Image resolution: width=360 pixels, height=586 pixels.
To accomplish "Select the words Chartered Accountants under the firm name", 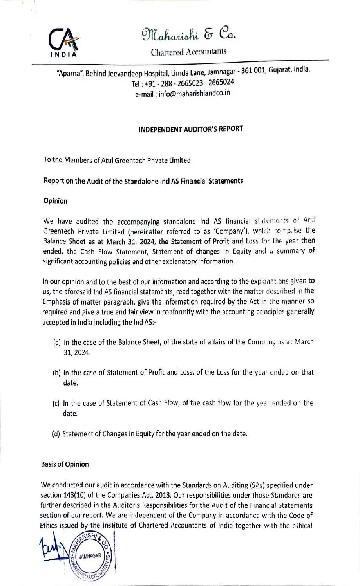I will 188,52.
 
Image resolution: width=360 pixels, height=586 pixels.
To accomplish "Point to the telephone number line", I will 183,83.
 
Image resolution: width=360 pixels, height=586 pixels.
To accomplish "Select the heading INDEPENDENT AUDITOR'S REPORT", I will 191,129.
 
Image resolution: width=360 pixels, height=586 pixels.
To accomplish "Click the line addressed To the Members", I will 117,160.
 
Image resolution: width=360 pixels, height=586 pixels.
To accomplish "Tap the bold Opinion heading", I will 55,201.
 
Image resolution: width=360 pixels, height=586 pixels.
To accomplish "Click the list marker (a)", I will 56,342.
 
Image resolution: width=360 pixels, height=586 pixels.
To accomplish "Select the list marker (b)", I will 56,373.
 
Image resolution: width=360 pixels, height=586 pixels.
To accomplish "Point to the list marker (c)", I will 56,403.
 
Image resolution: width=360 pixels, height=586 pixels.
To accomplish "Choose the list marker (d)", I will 56,434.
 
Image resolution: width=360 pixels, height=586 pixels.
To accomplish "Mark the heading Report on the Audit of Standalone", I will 143,181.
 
